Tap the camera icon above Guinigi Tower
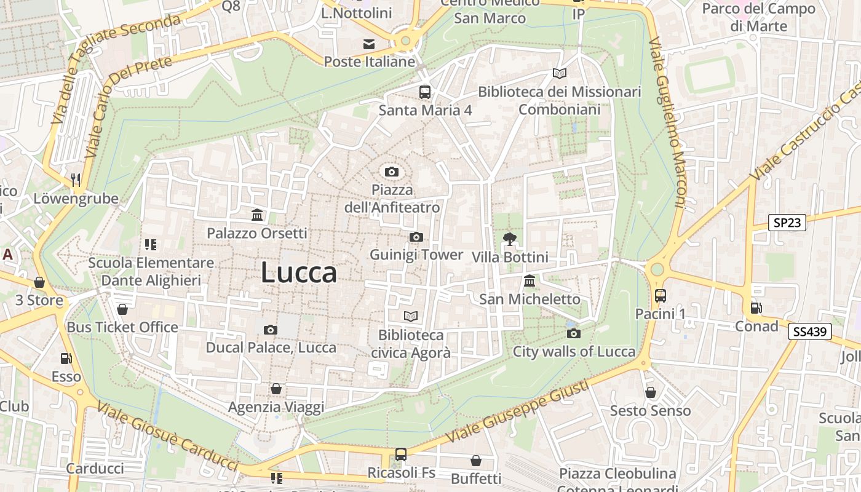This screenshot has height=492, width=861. [x=416, y=237]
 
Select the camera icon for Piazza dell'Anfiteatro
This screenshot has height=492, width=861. [x=392, y=172]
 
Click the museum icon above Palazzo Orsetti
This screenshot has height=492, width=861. [x=257, y=215]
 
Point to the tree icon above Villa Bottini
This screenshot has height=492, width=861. [x=509, y=239]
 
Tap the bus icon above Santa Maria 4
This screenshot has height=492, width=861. [x=425, y=92]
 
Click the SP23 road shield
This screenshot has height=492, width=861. [x=787, y=223]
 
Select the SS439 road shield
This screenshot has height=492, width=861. [x=811, y=332]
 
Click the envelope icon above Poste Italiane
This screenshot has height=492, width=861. [x=369, y=44]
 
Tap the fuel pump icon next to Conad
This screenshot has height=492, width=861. [x=755, y=307]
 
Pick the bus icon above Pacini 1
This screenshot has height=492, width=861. [x=661, y=296]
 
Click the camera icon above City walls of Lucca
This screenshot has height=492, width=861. [x=574, y=333]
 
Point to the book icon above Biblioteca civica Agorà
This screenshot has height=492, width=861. [x=410, y=316]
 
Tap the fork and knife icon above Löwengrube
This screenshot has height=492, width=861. [x=76, y=180]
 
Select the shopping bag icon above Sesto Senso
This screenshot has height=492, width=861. [x=651, y=392]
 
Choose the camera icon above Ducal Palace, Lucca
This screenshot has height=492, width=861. [x=271, y=330]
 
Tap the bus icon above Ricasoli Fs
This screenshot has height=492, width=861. [x=401, y=454]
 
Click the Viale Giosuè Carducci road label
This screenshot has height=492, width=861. [x=167, y=437]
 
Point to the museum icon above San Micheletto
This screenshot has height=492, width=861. [x=529, y=280]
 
